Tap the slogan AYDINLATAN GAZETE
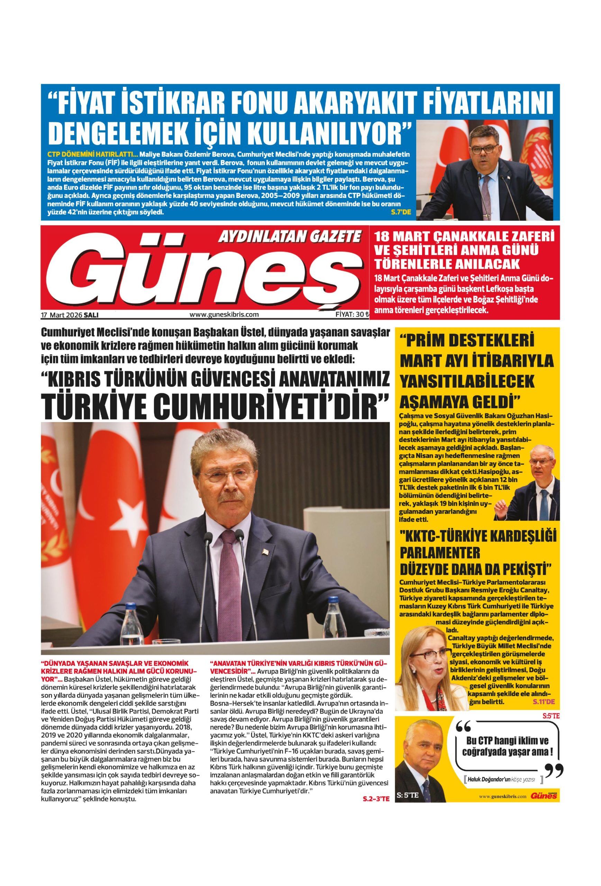(x=289, y=237)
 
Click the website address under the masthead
(x=224, y=315)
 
